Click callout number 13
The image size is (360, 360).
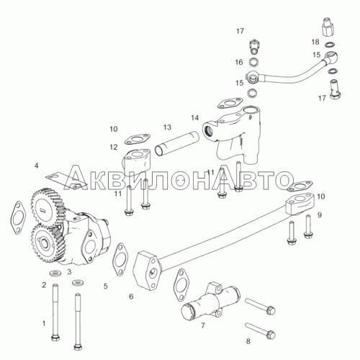pos(167,127)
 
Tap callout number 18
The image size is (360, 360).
pos(315,42)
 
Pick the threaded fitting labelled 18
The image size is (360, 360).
pos(328,27)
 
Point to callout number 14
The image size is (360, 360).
pos(195,118)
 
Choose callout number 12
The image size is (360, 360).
pos(114,147)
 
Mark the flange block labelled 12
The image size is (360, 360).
pos(137,160)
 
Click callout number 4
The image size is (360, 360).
pos(36,166)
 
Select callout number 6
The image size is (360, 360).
pos(131,297)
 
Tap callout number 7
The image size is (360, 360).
pos(203,325)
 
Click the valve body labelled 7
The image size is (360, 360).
pos(210,301)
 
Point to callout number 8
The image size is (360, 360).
pos(248,341)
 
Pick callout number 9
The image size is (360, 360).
pos(320,215)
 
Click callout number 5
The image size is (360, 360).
pos(106,286)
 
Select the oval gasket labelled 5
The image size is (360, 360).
pos(120,259)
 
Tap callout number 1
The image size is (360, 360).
pos(44,323)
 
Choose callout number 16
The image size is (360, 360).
pos(239,63)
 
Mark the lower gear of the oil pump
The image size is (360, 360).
pos(45,243)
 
